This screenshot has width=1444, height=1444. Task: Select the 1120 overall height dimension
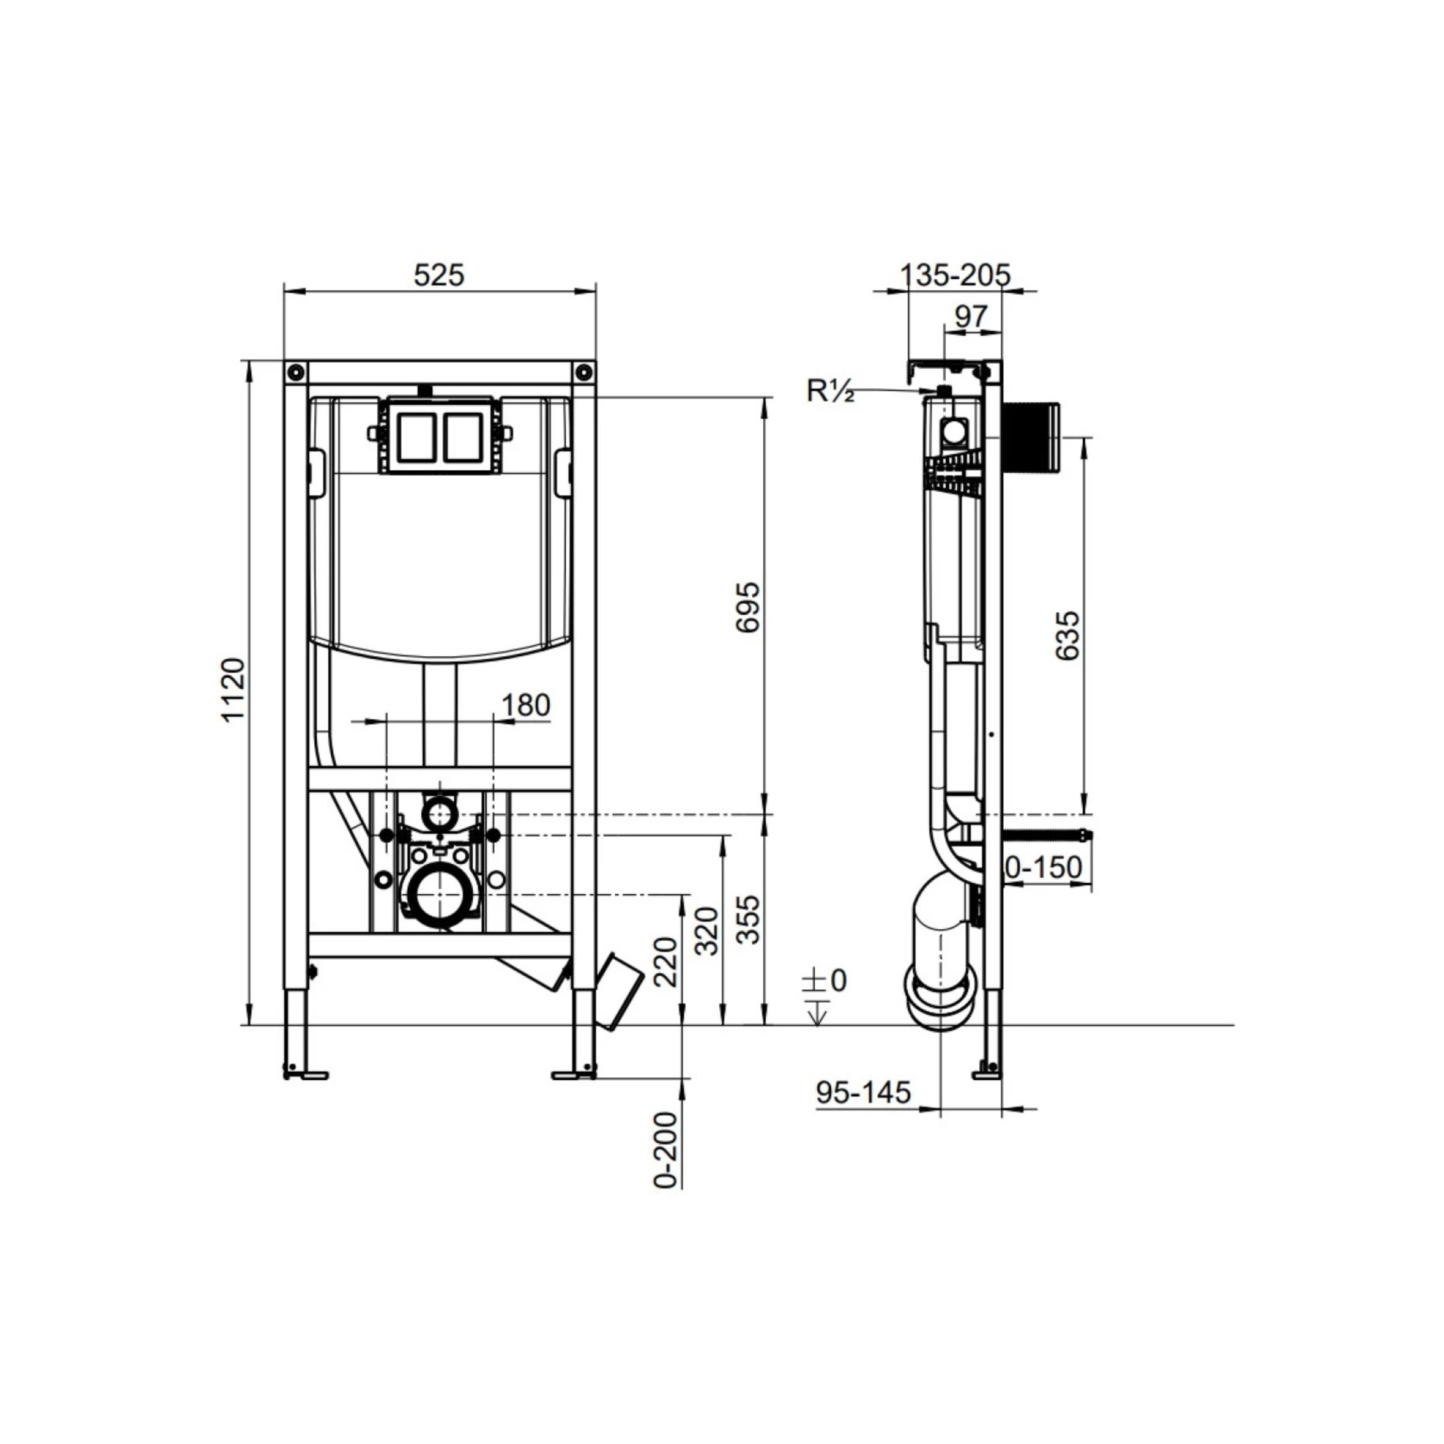pyautogui.click(x=233, y=689)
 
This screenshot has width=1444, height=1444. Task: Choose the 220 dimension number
pyautogui.click(x=665, y=962)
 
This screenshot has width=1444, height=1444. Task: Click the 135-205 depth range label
pyautogui.click(x=955, y=275)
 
